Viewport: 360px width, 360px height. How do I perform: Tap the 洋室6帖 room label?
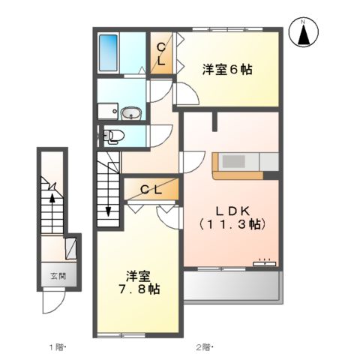[x=226, y=70]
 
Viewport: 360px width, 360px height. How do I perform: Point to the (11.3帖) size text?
[x=232, y=223]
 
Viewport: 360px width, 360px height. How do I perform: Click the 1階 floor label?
[x=58, y=346]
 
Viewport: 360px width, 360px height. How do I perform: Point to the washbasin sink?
[x=130, y=114]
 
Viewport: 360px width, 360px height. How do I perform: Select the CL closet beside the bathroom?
[x=161, y=54]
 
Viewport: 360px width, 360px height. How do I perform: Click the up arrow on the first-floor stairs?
[x=51, y=197]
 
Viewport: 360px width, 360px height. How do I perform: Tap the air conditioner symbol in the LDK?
[x=264, y=262]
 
